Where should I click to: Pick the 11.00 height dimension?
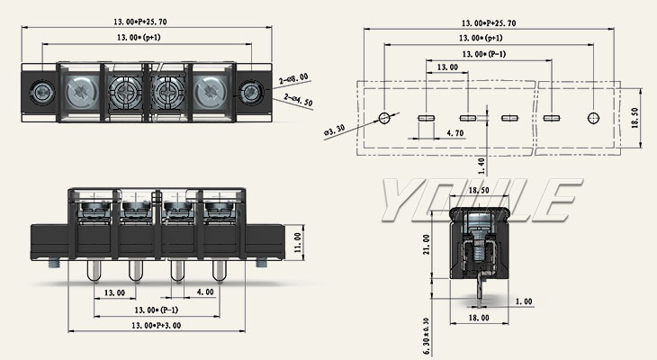click(x=299, y=242)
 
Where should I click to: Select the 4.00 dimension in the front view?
click(x=204, y=292)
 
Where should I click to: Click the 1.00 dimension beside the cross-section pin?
click(x=523, y=301)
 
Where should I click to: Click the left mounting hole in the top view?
click(x=40, y=92)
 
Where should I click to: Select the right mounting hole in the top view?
click(x=252, y=92)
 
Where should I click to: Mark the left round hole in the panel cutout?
click(x=384, y=118)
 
